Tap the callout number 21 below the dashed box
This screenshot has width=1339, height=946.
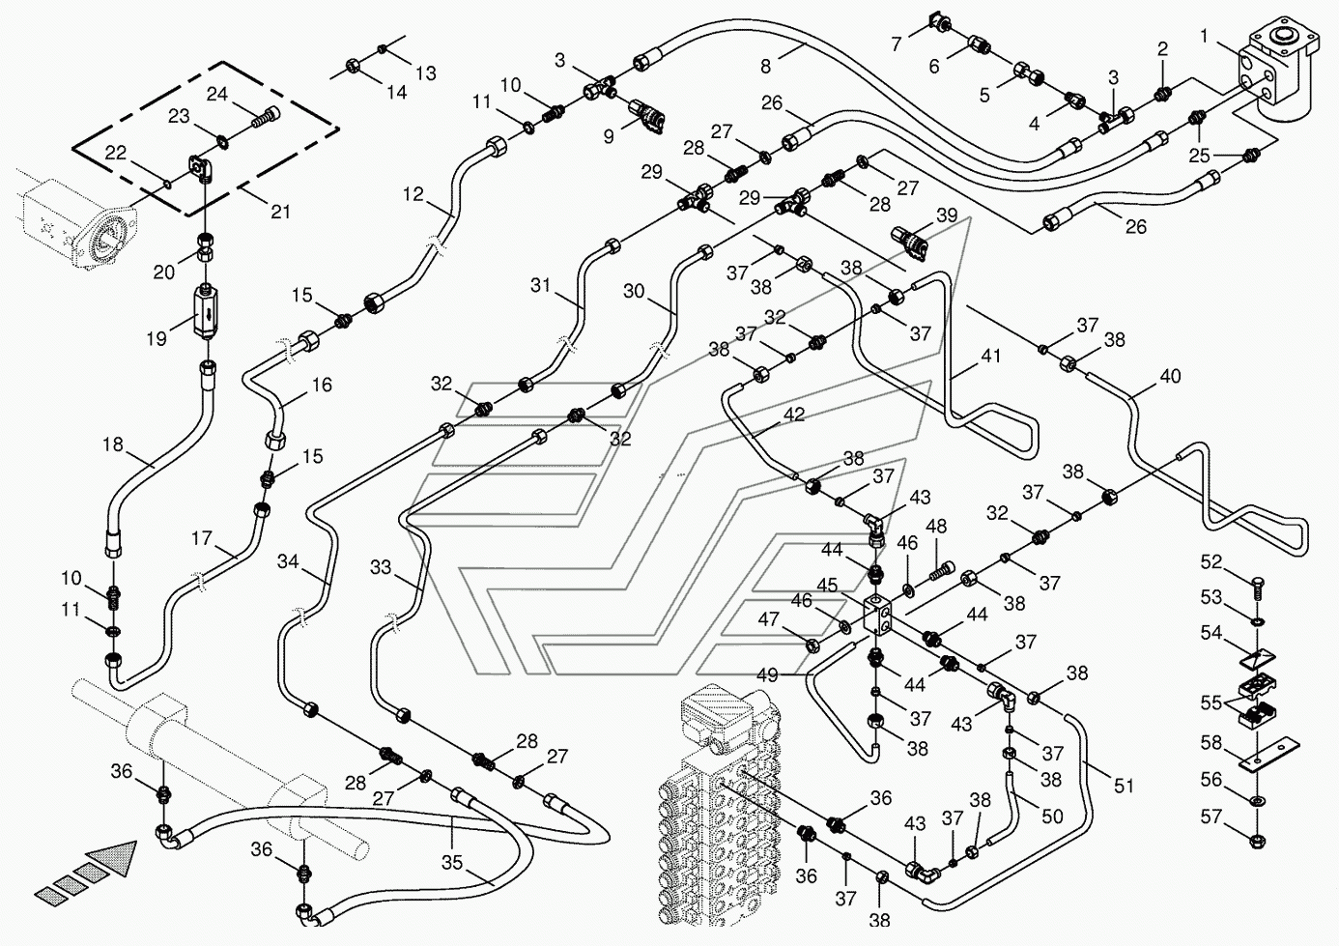[281, 211]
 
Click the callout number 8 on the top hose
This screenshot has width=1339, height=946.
[766, 67]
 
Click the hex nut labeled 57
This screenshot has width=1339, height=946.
[1258, 840]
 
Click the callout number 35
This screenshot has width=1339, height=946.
[452, 862]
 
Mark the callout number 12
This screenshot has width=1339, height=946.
[413, 194]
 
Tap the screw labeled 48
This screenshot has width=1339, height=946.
[939, 571]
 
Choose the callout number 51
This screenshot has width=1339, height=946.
[1124, 786]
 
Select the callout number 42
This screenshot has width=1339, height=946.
[794, 414]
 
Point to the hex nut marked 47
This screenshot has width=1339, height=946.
[812, 645]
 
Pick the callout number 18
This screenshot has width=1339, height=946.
[113, 444]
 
